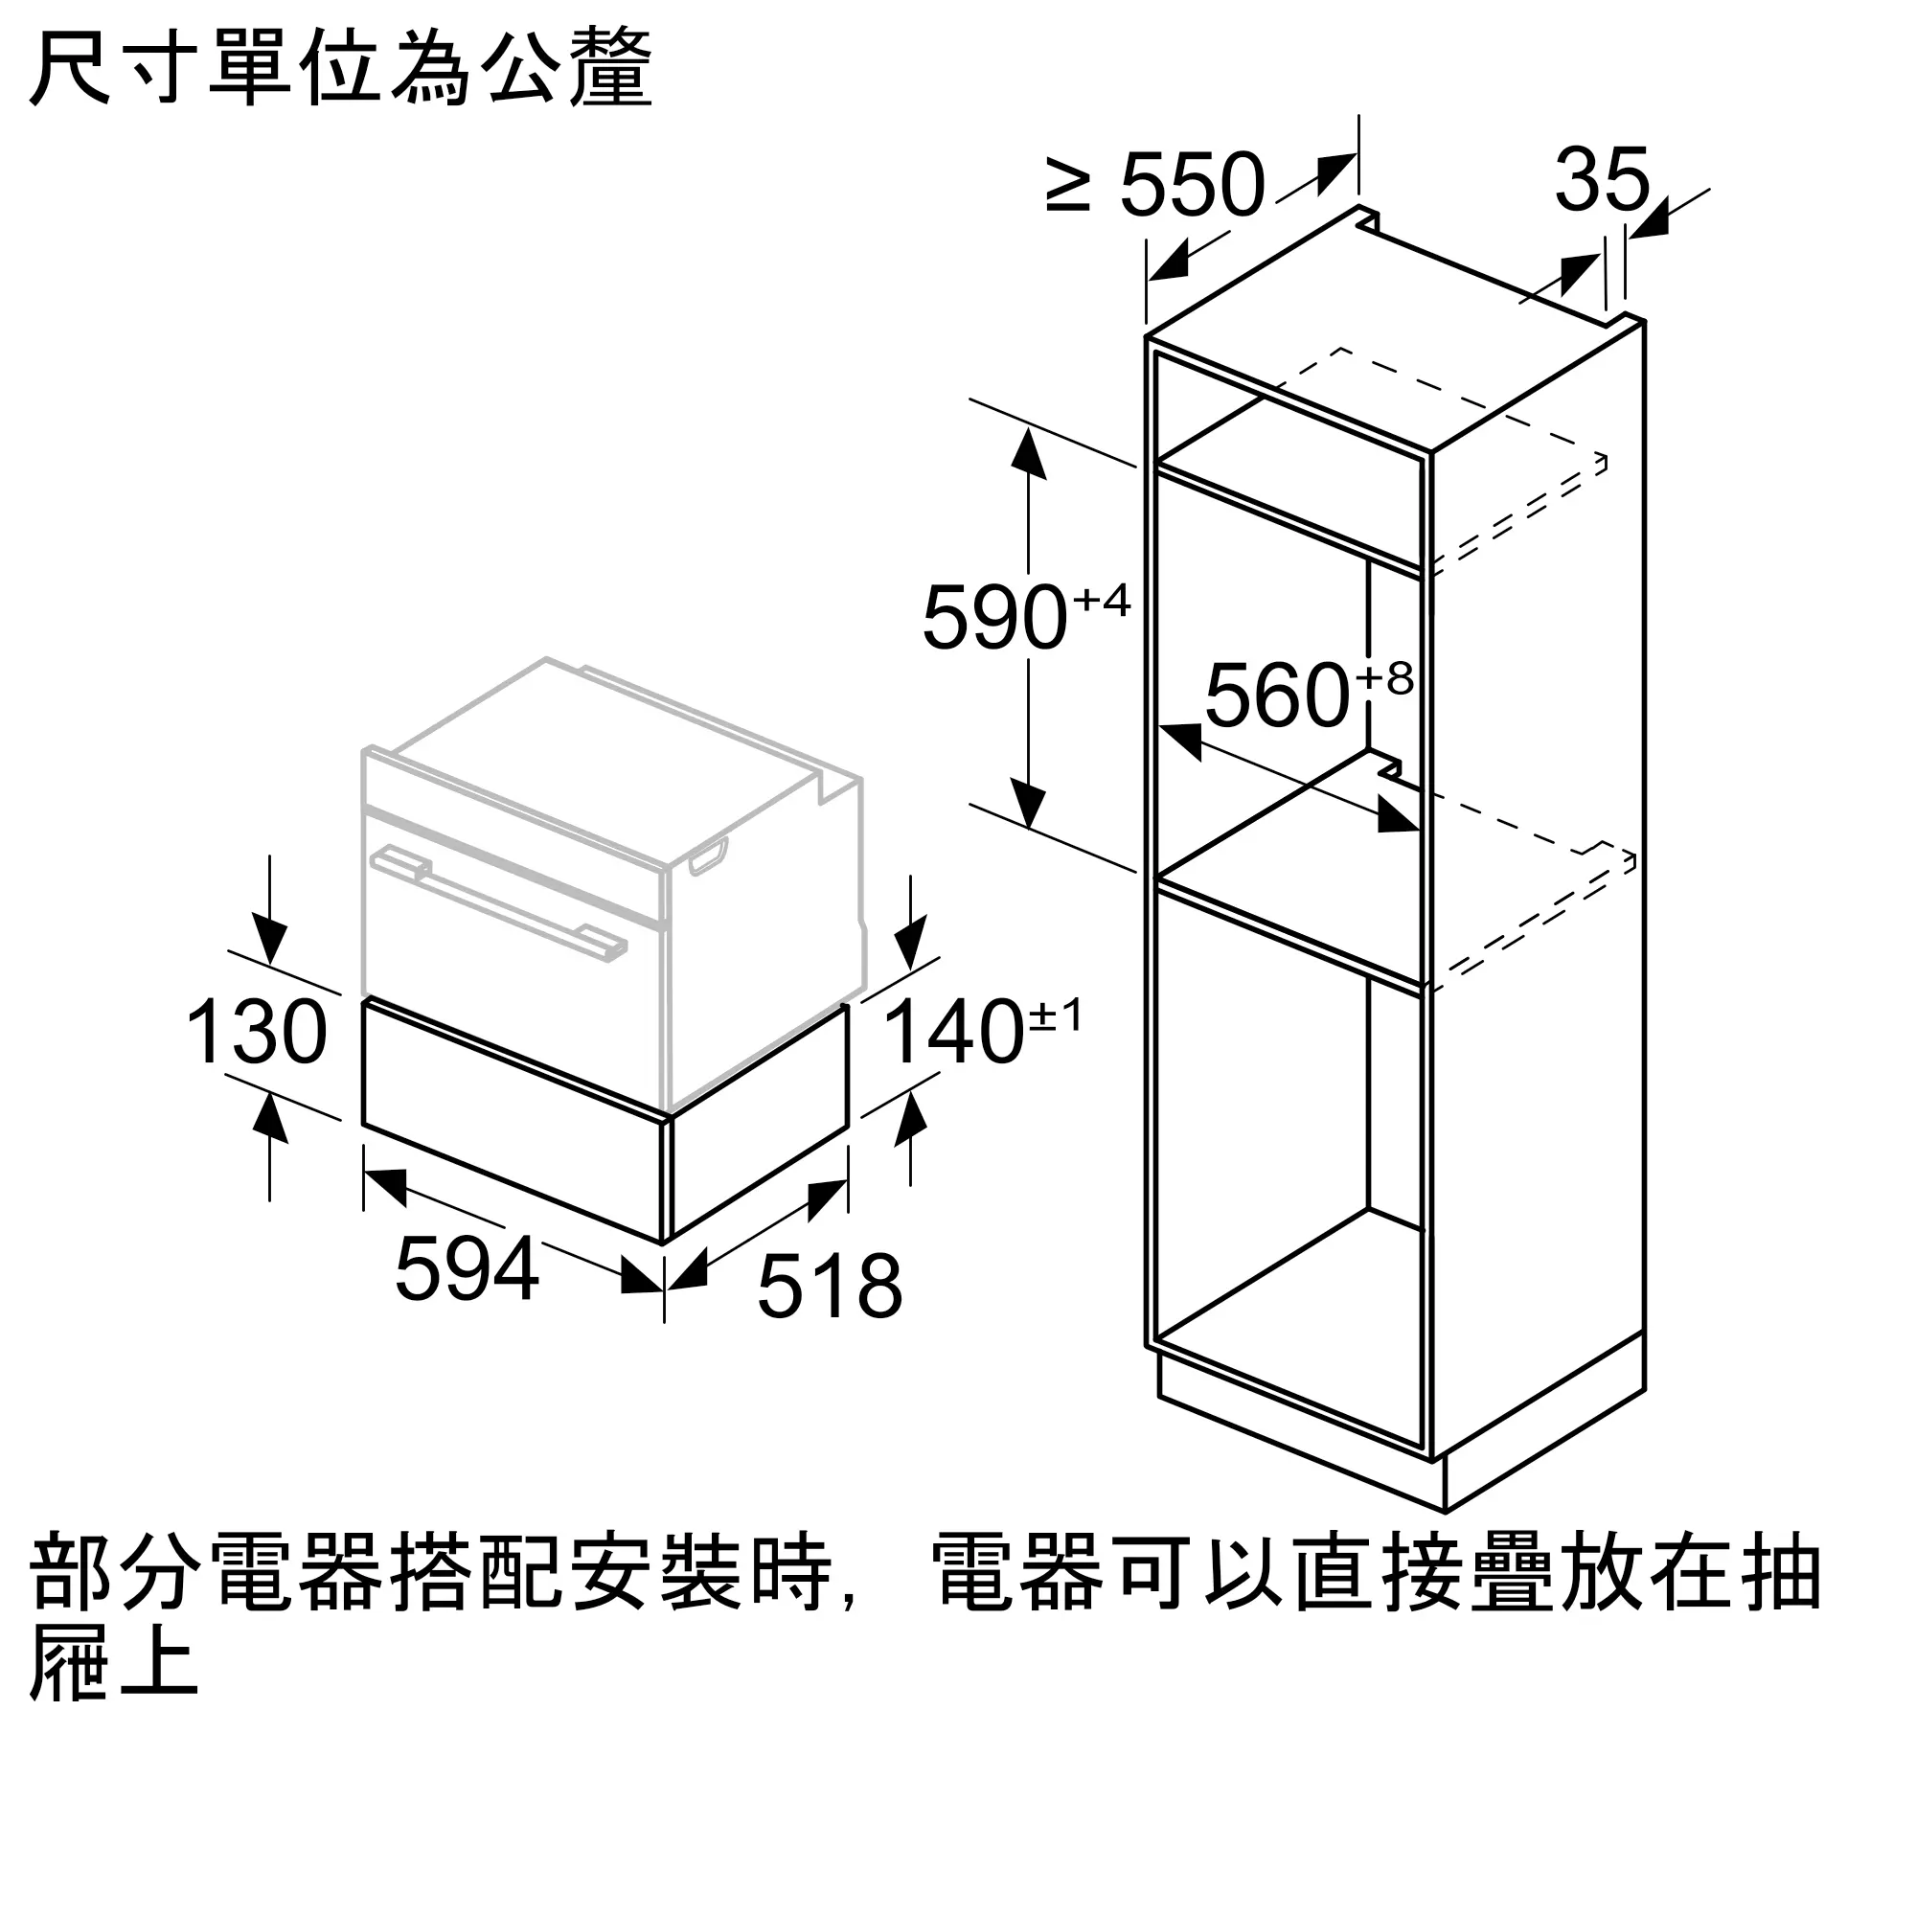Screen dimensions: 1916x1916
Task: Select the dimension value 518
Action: [830, 1287]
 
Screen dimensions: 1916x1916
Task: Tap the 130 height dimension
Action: [257, 1033]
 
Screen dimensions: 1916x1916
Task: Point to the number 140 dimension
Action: [953, 1033]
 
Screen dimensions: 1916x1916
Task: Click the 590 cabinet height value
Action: [994, 618]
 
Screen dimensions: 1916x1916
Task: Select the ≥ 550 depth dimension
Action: [1155, 184]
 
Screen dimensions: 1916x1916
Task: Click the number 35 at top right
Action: [1602, 178]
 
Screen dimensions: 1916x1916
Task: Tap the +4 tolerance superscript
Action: [1101, 600]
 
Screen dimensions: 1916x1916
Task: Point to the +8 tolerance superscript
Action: [1384, 678]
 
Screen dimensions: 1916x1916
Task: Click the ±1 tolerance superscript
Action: [1055, 1015]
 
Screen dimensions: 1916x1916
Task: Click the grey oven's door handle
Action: [498, 902]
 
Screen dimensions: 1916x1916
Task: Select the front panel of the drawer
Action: [512, 1120]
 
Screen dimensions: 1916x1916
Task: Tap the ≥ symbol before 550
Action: [1067, 189]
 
